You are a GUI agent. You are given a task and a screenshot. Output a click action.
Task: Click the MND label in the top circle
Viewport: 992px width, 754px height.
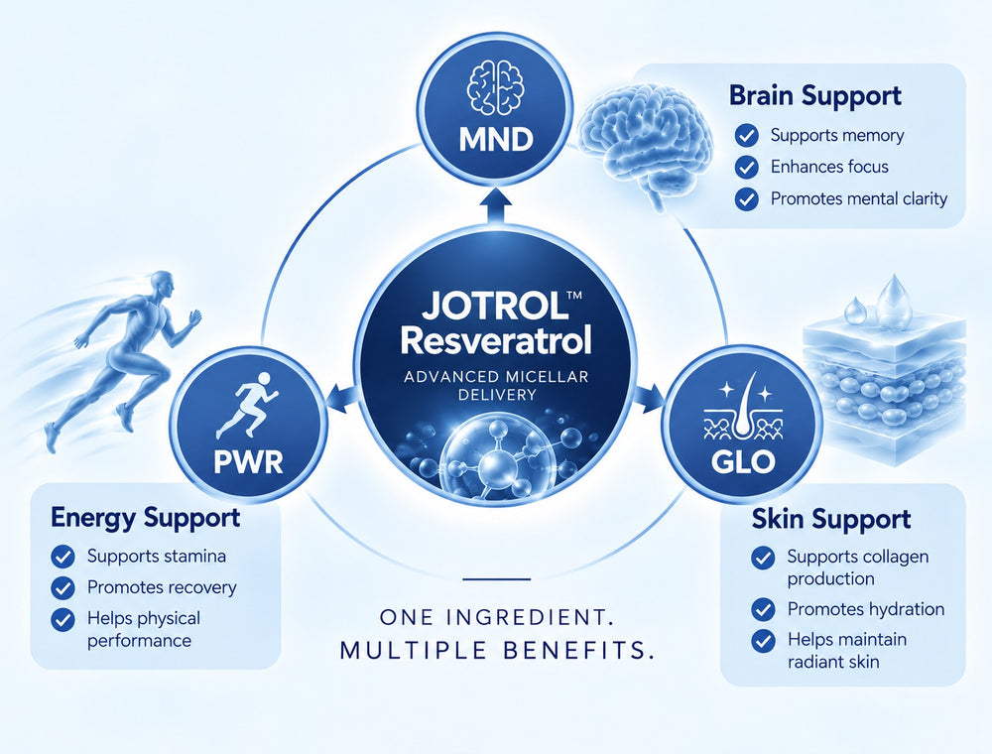tap(496, 139)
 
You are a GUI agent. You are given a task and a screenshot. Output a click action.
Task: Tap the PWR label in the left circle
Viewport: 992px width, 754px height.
tap(248, 461)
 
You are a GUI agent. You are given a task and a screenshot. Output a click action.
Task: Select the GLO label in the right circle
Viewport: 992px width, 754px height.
tap(743, 461)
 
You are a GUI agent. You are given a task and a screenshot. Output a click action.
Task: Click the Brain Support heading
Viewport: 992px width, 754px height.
tap(814, 95)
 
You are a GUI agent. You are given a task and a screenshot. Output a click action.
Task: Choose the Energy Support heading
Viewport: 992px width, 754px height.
tap(145, 518)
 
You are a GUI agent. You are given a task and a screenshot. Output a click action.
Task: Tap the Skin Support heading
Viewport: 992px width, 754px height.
tap(830, 519)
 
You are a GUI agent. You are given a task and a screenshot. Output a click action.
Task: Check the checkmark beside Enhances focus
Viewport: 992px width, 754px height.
tap(747, 167)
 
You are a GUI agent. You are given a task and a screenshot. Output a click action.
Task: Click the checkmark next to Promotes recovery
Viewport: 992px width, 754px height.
tap(62, 587)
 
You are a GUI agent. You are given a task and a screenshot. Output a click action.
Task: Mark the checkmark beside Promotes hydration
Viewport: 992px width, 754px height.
tap(763, 610)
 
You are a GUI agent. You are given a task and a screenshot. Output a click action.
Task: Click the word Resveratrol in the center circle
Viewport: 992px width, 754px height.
tap(496, 340)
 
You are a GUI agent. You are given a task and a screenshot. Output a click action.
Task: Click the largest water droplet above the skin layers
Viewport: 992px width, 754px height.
tap(893, 294)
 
